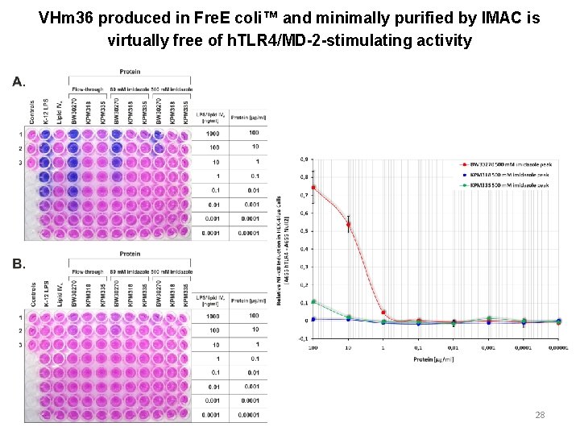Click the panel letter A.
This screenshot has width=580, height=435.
pos(19,81)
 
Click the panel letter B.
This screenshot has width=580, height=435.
pos(19,263)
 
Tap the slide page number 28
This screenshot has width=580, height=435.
pos(540,415)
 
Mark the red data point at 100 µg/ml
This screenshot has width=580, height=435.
pos(313,188)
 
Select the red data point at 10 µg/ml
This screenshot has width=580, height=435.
pos(348,224)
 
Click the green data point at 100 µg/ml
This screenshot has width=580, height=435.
pos(313,302)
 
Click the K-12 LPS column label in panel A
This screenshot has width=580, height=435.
pos(46,113)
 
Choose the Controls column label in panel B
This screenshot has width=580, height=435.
pos(33,296)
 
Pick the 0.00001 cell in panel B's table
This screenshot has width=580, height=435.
pos(255,416)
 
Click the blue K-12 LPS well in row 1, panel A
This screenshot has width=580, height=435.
pos(46,135)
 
